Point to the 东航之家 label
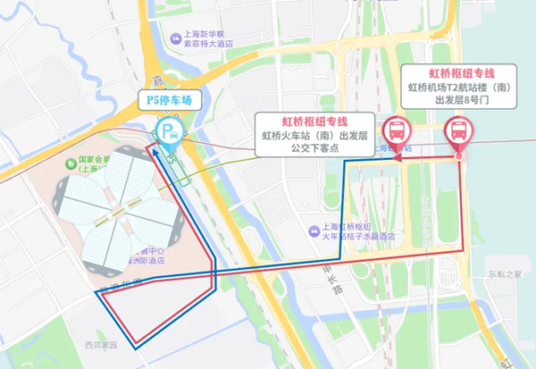click(x=505, y=273)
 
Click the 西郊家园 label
click(x=101, y=344)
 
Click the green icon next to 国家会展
click(x=70, y=163)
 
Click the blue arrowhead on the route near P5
click(x=170, y=157)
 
